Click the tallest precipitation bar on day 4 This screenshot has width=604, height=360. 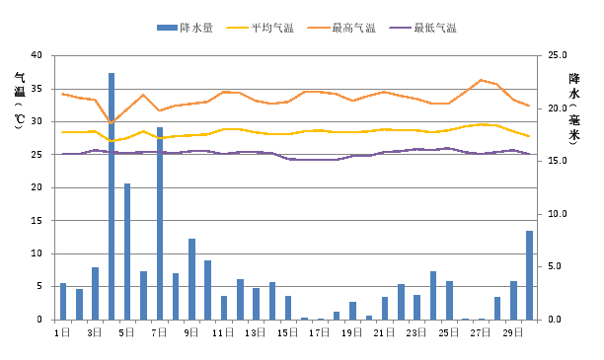pyautogui.click(x=112, y=196)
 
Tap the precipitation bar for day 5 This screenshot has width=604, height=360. pyautogui.click(x=127, y=252)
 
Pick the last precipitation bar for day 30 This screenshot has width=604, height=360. pyautogui.click(x=529, y=275)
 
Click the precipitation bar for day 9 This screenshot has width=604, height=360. pyautogui.click(x=191, y=279)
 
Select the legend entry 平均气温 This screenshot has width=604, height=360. pyautogui.click(x=257, y=28)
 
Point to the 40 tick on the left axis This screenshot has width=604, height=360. pyautogui.click(x=37, y=56)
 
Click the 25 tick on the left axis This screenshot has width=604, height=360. pyautogui.click(x=37, y=155)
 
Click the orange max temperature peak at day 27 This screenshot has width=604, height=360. pyautogui.click(x=481, y=80)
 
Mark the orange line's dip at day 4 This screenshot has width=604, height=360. pyautogui.click(x=112, y=122)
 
